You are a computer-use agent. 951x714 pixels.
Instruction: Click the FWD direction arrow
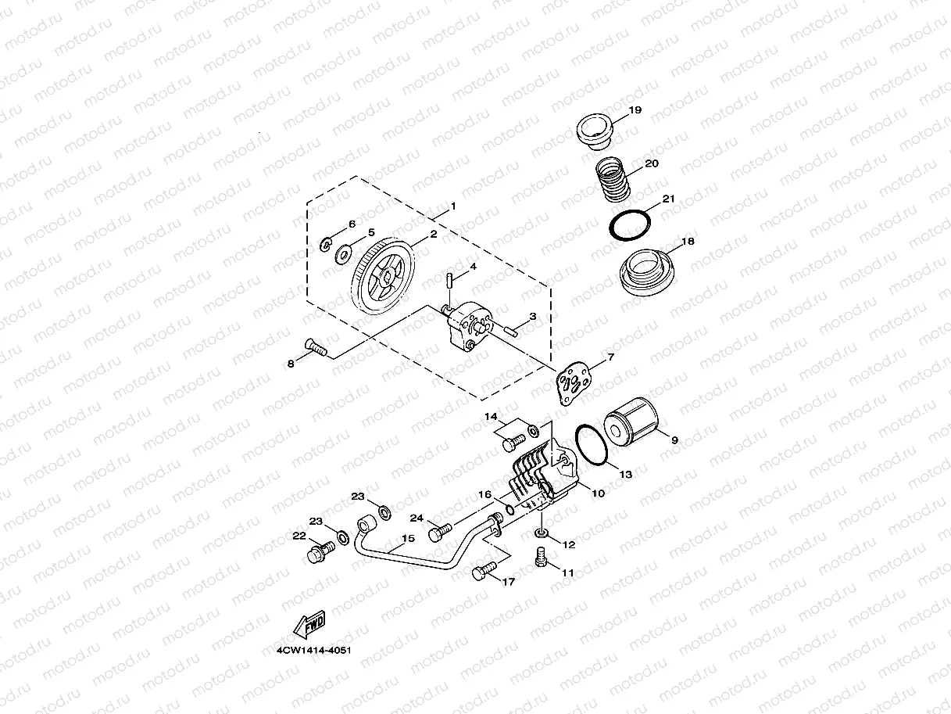(x=309, y=624)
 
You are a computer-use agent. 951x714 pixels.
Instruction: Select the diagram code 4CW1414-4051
(x=313, y=651)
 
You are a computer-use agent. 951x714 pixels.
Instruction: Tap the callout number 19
(x=635, y=110)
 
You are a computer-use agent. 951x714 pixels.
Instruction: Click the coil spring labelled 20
(x=612, y=179)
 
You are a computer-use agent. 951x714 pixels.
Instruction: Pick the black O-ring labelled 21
(x=630, y=225)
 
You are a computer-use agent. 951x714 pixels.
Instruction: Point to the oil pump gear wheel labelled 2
(x=383, y=276)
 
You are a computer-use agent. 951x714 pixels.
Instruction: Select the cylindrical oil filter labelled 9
(x=631, y=422)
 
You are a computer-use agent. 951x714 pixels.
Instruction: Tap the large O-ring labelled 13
(x=592, y=445)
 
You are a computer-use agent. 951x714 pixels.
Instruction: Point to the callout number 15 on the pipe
(x=408, y=538)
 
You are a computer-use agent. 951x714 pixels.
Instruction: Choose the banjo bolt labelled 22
(x=321, y=552)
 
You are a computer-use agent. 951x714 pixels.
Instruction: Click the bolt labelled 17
(x=484, y=571)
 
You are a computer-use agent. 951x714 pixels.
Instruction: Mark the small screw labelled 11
(x=540, y=556)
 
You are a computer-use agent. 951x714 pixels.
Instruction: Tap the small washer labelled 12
(x=540, y=533)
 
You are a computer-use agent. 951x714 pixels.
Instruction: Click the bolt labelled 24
(x=440, y=533)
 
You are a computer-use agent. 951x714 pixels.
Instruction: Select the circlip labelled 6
(x=325, y=245)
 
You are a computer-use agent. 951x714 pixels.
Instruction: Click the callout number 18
(x=688, y=241)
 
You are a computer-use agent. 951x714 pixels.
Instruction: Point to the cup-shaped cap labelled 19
(x=594, y=131)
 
